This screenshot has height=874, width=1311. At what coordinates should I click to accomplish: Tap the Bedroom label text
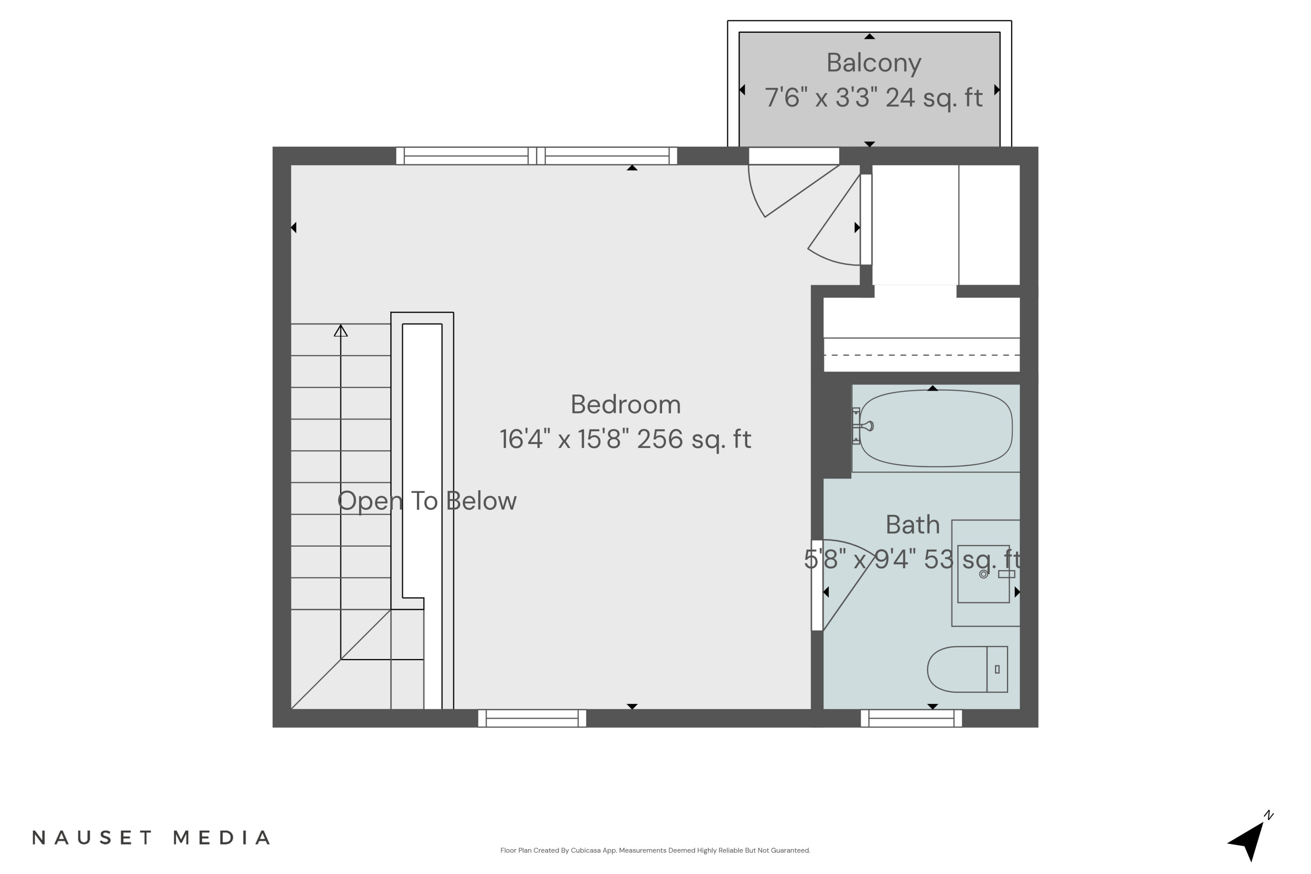click(x=625, y=405)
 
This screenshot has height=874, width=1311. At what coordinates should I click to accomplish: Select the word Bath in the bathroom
click(x=912, y=525)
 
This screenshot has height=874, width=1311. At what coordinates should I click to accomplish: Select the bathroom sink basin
click(x=983, y=573)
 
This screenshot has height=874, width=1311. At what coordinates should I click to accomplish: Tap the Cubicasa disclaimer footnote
click(x=655, y=850)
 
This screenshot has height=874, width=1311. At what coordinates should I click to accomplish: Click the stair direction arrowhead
click(x=340, y=331)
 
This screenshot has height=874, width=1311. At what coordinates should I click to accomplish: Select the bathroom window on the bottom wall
click(x=911, y=718)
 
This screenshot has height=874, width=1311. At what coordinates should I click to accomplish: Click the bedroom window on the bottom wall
click(x=532, y=718)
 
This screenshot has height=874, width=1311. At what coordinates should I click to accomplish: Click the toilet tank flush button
click(x=997, y=669)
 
